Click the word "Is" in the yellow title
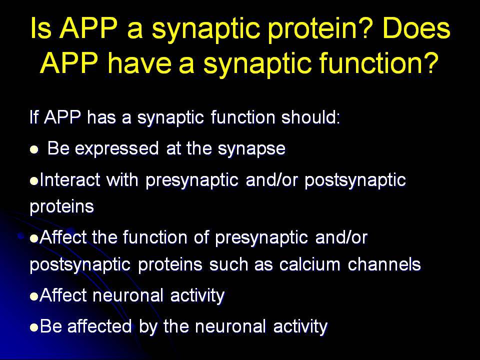coord(40,28)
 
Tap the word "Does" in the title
coord(416,28)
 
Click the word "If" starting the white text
coord(33,116)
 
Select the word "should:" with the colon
coord(310,116)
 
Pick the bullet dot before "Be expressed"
coord(34,149)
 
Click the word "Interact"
coord(70,179)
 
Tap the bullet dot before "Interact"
coord(34,180)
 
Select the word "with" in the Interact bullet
coord(122,179)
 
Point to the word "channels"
coord(384,264)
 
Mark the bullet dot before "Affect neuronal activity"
coord(34,296)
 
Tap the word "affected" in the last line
coord(99,326)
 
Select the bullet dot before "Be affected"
coord(34,327)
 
